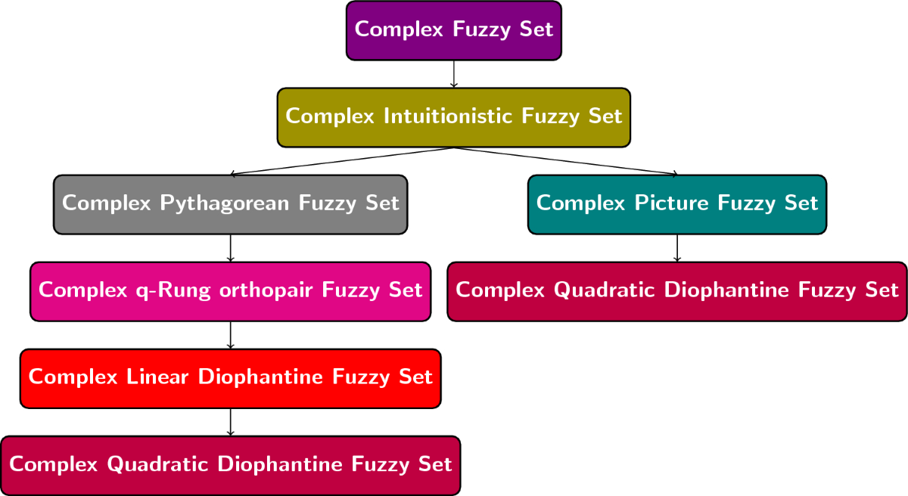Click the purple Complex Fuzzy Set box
pos(454,30)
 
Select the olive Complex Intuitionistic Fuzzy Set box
pos(454,117)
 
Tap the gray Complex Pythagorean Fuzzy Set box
pos(230,204)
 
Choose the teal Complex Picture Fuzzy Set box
pos(677,204)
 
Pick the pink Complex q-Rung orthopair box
pos(230,291)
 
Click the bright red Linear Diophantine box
pos(230,378)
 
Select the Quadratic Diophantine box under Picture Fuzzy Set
pos(677,291)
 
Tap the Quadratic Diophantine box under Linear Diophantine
pos(230,465)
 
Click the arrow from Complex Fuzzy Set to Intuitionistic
pos(454,74)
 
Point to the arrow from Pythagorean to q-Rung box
pos(230,248)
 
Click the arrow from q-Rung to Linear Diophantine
pos(230,335)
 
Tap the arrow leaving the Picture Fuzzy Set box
pos(677,248)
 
